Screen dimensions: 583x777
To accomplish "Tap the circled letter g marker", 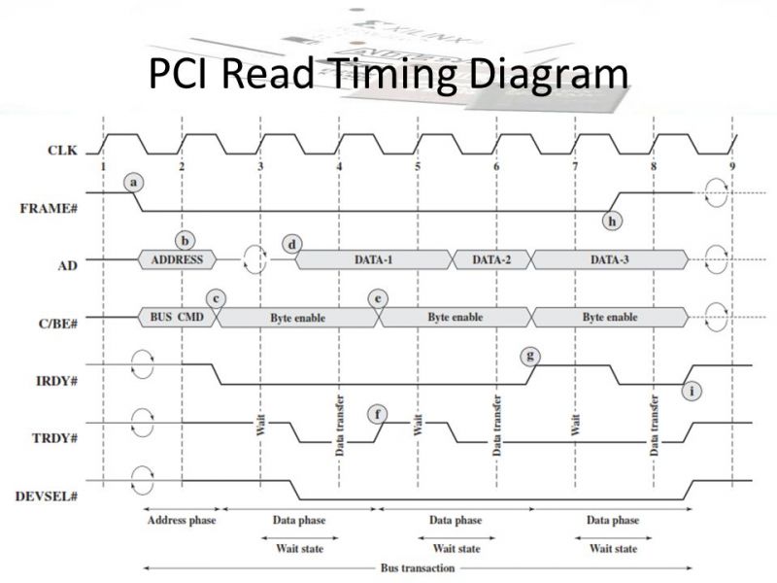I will coord(530,356).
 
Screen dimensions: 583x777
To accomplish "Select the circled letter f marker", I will coord(380,415).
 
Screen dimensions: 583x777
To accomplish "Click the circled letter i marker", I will coord(692,391).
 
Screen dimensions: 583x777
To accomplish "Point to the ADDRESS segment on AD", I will coord(179,259).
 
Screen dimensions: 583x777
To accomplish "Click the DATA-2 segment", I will coord(492,259).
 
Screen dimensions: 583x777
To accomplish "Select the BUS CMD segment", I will coord(175,317).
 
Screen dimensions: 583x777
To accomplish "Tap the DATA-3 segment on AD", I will coord(610,259).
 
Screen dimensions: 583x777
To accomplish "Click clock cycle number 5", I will coord(418,166).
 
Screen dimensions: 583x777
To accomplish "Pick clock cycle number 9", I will coord(731,166).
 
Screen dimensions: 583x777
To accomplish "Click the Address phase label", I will coord(181,520).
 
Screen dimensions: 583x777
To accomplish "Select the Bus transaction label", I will coord(417,566).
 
